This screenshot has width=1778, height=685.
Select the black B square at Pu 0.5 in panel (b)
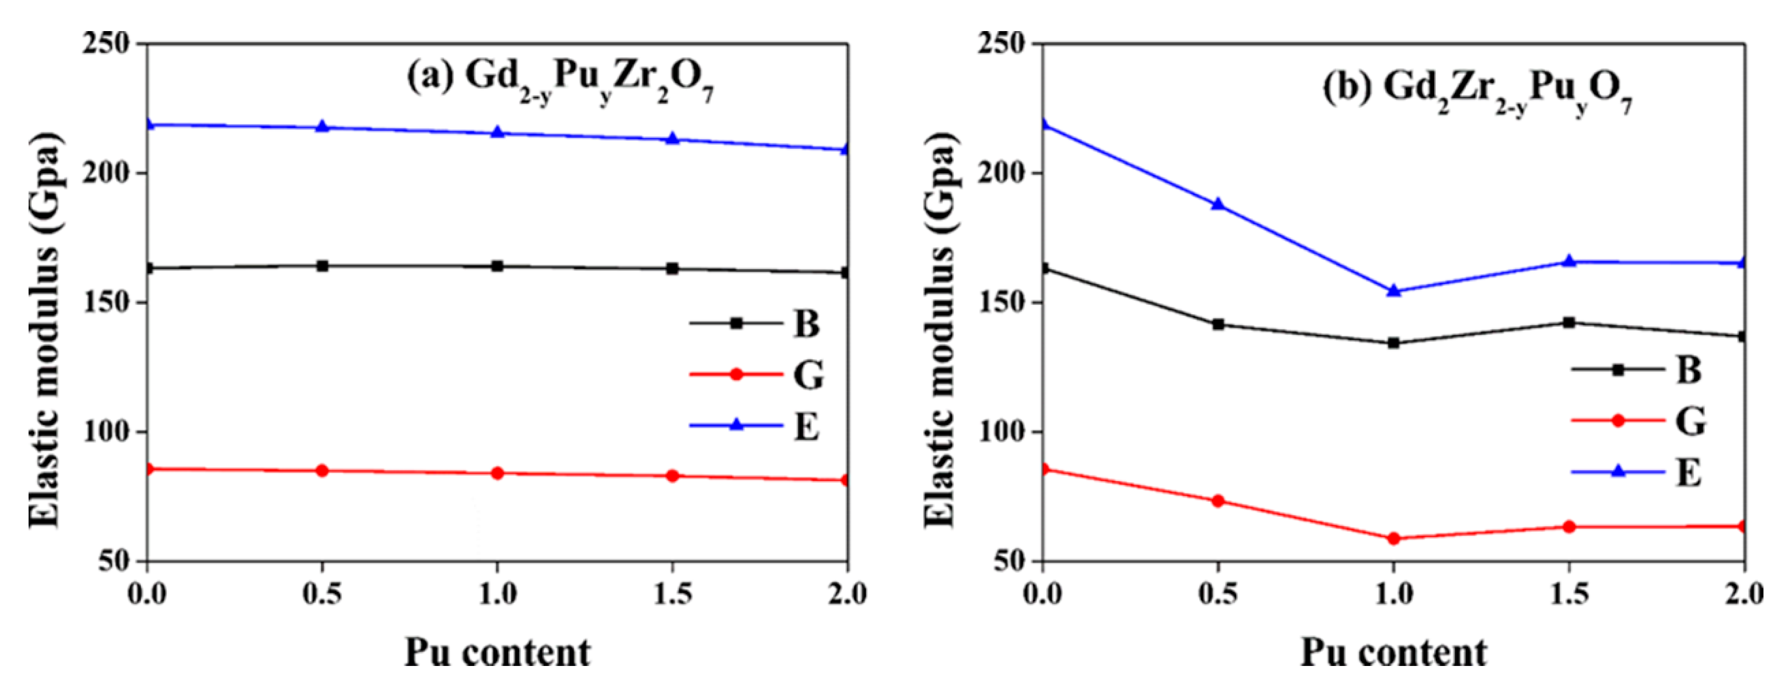[1218, 324]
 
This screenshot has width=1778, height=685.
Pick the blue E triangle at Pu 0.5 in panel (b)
[1218, 204]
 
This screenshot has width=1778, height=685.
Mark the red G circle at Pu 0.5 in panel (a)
[322, 471]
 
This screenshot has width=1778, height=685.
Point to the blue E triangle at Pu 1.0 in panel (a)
[497, 132]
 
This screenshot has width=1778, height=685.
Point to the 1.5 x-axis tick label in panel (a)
[673, 593]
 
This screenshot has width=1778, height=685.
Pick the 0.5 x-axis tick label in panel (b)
[1218, 593]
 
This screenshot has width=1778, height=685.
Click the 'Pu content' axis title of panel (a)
[497, 652]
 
